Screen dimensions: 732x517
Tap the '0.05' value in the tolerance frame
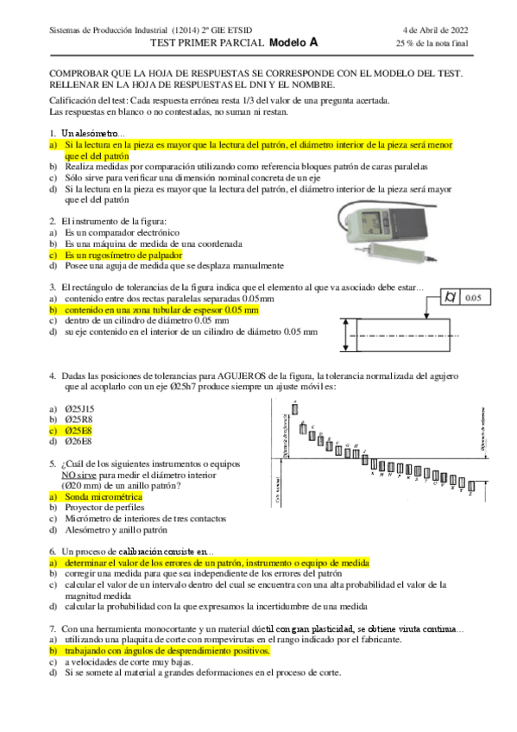click(x=474, y=299)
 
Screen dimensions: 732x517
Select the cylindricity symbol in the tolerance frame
click(x=450, y=299)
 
